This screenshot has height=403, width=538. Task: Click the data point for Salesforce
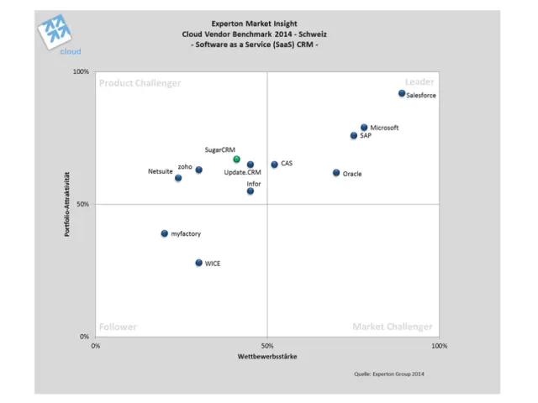[402, 93]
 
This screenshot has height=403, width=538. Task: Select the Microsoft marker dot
[364, 128]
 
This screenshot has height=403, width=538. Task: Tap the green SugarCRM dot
[236, 159]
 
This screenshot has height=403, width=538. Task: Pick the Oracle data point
[336, 173]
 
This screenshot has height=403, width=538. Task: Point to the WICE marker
[198, 263]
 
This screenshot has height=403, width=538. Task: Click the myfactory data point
[165, 233]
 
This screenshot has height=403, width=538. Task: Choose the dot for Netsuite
[178, 178]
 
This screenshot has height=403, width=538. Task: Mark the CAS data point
[274, 165]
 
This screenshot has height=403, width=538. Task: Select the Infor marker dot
[251, 191]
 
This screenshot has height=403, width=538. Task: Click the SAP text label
[366, 135]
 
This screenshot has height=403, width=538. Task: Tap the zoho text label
[185, 166]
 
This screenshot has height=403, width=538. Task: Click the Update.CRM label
[243, 172]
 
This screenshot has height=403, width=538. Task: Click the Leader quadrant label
[419, 81]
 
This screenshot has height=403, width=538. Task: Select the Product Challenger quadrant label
[140, 82]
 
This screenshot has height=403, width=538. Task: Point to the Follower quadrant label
[118, 327]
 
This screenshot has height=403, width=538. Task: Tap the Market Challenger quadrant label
[393, 327]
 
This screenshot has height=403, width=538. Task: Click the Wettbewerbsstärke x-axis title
[267, 357]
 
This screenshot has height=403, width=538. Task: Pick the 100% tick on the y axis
[82, 72]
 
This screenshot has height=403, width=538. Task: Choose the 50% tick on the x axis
[267, 345]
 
